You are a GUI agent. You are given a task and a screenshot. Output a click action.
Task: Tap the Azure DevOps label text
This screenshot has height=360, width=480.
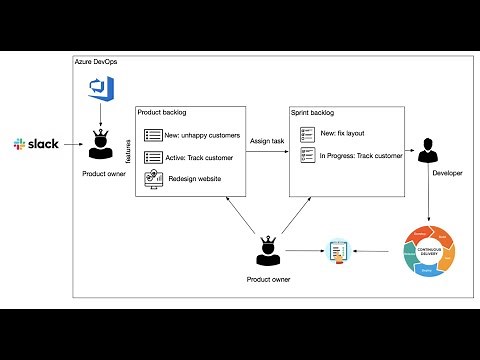97,62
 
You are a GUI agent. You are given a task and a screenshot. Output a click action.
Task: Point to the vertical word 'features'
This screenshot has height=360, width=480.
128,151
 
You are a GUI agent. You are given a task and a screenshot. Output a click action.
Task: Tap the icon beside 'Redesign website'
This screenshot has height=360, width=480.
154,178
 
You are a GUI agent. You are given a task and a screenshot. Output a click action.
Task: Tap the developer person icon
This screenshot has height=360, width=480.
429,151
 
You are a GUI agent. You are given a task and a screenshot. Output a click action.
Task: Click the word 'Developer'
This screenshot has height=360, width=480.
447,174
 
